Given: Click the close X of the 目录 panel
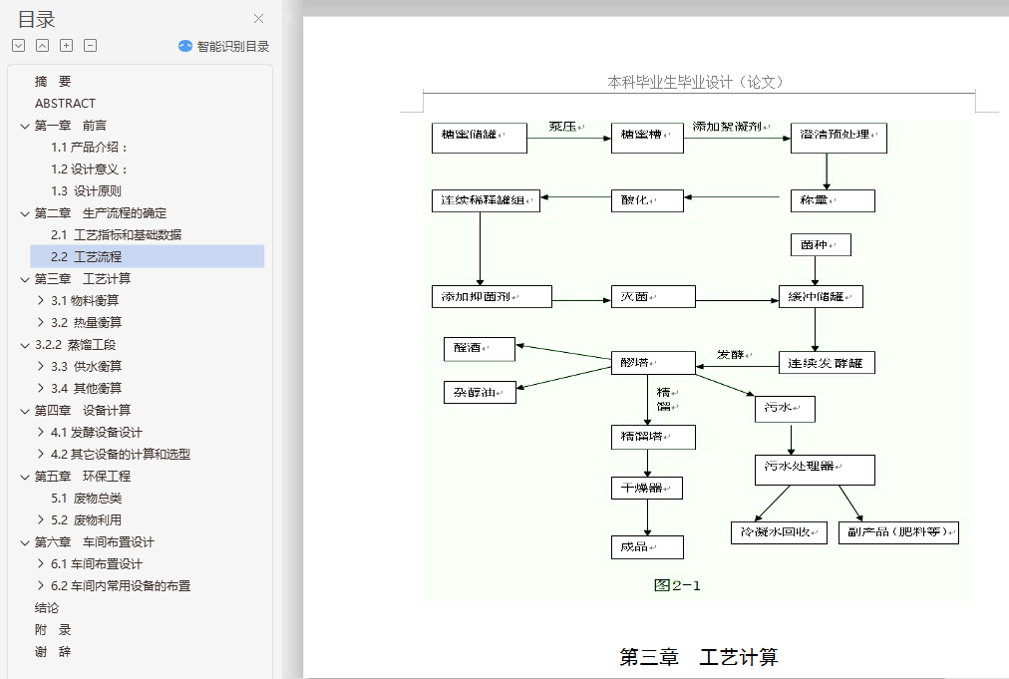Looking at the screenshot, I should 259,19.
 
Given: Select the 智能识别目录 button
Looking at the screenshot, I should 224,46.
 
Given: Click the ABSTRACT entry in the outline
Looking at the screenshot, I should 66,103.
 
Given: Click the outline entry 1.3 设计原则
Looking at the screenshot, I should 87,190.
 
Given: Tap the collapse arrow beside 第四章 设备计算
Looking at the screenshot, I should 24,410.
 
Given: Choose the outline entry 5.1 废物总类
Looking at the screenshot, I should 87,498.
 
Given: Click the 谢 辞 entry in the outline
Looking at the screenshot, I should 53,651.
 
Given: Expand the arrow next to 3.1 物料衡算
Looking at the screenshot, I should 40,300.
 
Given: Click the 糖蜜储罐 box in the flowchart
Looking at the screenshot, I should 479,138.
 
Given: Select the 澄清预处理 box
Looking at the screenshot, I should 839,138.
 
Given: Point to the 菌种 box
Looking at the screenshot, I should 821,244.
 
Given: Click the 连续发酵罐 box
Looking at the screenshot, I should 827,362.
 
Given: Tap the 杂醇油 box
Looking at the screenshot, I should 480,392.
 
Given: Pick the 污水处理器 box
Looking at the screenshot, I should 815,470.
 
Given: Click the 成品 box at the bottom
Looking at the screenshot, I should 647,547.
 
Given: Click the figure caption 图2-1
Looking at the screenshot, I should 677,585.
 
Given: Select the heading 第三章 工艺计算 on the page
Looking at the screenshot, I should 698,657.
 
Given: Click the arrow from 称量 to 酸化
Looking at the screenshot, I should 732,196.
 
